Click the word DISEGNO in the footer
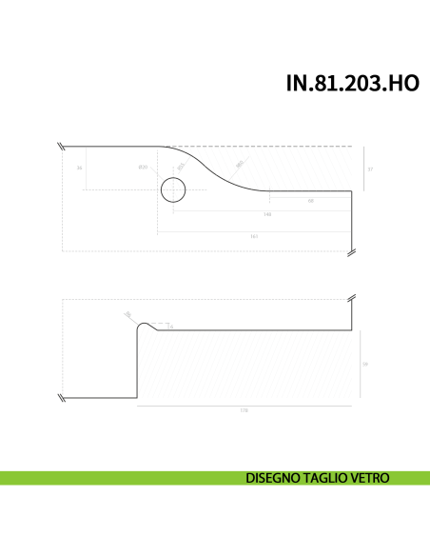pyautogui.click(x=273, y=477)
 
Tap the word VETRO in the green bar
pyautogui.click(x=369, y=477)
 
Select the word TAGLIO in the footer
pyautogui.click(x=324, y=477)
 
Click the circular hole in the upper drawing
pyautogui.click(x=173, y=189)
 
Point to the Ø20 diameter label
pyautogui.click(x=143, y=168)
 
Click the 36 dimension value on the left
pyautogui.click(x=80, y=168)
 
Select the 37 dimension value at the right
pyautogui.click(x=370, y=169)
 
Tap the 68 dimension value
pyautogui.click(x=311, y=202)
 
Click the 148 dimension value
pyautogui.click(x=267, y=214)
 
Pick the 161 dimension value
pyautogui.click(x=255, y=234)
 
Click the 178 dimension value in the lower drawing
pyautogui.click(x=244, y=411)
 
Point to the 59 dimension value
pyautogui.click(x=367, y=364)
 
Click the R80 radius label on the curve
pyautogui.click(x=240, y=164)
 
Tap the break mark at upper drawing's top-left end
pyautogui.click(x=60, y=147)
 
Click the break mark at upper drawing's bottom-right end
pyautogui.click(x=352, y=251)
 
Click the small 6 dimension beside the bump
pyautogui.click(x=170, y=327)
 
